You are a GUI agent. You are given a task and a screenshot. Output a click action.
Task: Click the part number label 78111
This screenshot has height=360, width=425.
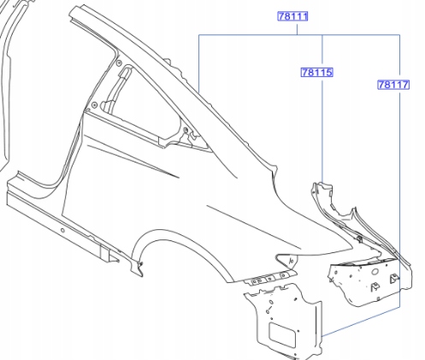pos(292,16)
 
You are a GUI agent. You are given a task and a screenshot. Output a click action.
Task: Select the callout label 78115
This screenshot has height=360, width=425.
pos(317,73)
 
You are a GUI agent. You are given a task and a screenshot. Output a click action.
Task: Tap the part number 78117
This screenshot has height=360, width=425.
pos(393,85)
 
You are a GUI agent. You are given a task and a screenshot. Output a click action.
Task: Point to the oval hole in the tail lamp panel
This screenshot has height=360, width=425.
pos(375,271)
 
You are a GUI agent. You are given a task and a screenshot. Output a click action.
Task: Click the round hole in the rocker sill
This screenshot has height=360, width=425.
pos(62,230)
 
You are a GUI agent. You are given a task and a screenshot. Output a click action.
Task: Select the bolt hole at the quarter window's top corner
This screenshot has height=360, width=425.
pos(120,62)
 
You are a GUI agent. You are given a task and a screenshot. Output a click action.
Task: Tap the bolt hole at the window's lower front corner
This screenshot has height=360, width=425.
pos(94,105)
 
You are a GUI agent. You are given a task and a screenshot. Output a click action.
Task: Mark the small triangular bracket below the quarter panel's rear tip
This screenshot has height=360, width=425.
pos(287,260)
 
